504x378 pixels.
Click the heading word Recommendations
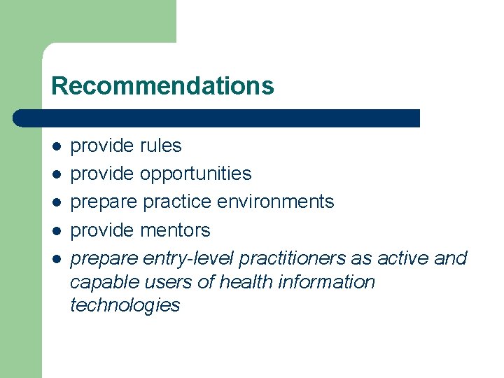click(162, 85)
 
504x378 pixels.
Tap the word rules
click(160, 146)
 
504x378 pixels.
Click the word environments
click(275, 202)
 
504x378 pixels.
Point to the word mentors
click(175, 230)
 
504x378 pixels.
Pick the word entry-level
click(188, 258)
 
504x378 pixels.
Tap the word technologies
click(125, 305)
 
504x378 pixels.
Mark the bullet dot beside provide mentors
click(57, 231)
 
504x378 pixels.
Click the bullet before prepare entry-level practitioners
click(57, 259)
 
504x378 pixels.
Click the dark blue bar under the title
click(217, 118)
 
